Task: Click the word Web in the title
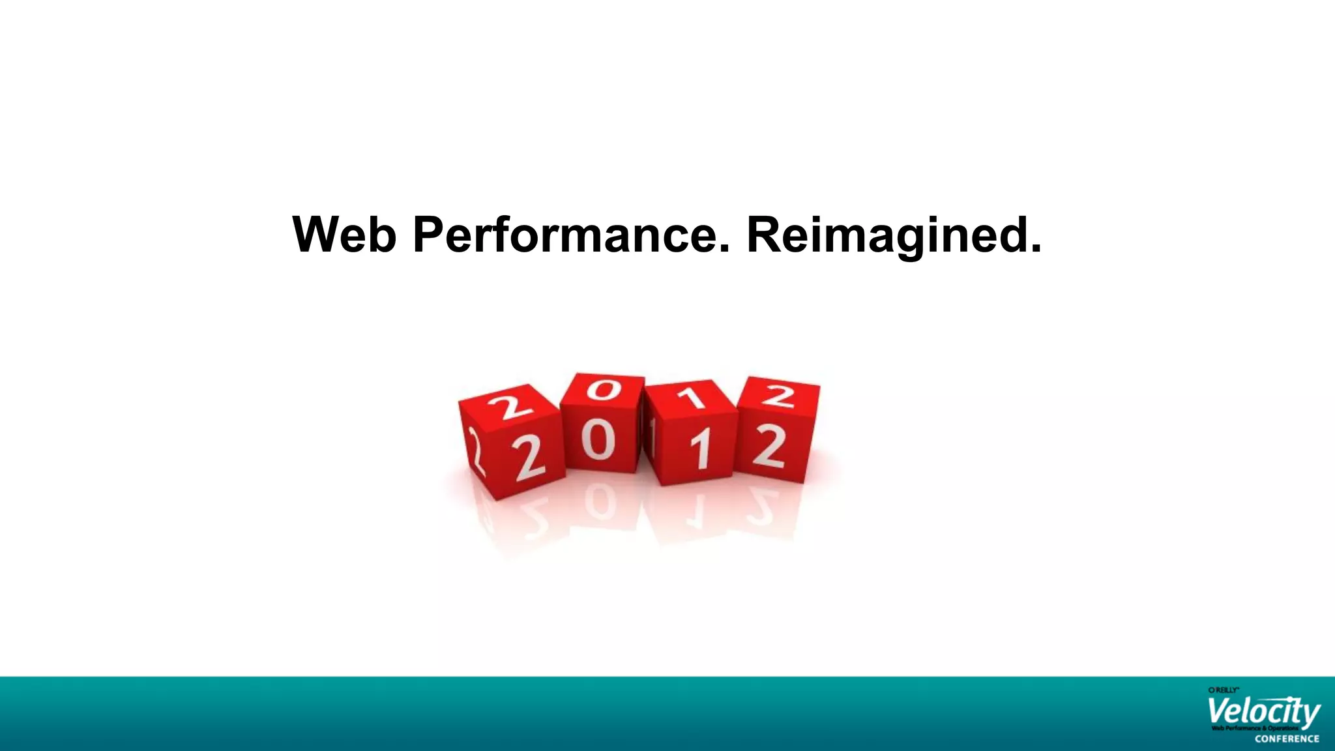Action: [344, 235]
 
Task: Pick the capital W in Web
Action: [320, 235]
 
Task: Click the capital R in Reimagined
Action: [764, 235]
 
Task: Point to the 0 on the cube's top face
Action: [604, 389]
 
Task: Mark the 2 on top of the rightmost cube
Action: [779, 395]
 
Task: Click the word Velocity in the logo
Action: [1263, 713]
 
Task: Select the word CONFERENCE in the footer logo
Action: [1287, 739]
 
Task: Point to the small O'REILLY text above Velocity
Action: [1223, 690]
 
